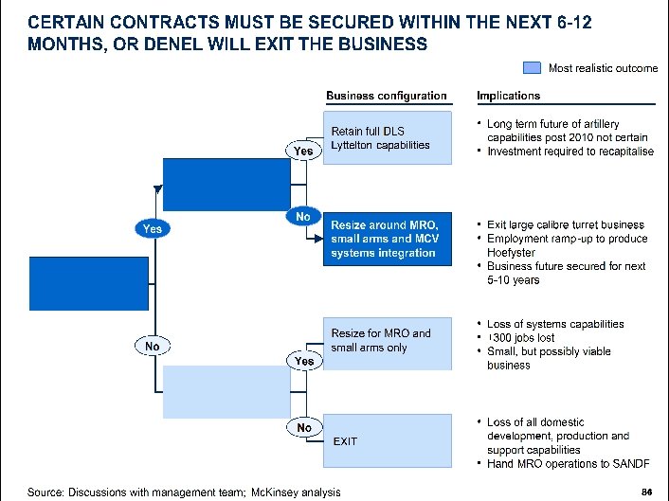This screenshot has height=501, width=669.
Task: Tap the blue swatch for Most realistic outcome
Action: pyautogui.click(x=533, y=67)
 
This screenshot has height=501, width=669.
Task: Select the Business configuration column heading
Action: pyautogui.click(x=386, y=96)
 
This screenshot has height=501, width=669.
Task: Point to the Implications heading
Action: pyautogui.click(x=508, y=96)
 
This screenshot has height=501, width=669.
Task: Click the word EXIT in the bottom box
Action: pyautogui.click(x=345, y=441)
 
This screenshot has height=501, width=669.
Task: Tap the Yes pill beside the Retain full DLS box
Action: pyautogui.click(x=302, y=152)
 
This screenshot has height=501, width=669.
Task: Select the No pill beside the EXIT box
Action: pyautogui.click(x=303, y=428)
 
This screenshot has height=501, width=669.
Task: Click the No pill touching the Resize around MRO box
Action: pyautogui.click(x=303, y=216)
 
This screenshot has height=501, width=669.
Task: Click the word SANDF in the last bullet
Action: pyautogui.click(x=635, y=463)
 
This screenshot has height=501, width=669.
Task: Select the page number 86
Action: pyautogui.click(x=647, y=491)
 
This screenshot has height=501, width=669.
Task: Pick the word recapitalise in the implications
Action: pyautogui.click(x=623, y=152)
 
